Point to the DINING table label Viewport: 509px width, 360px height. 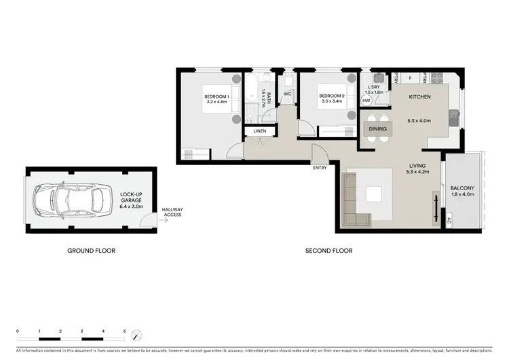point(377,128)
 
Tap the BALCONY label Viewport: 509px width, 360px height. point(461,188)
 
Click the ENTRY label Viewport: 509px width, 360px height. point(320,167)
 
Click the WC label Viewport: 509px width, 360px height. point(287,94)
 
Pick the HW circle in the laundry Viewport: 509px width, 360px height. point(366,101)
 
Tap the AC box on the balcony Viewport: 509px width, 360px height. point(449,220)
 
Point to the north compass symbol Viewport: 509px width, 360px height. point(138,336)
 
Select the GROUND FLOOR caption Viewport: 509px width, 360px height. point(91,251)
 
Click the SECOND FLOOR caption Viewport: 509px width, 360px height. point(328,251)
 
